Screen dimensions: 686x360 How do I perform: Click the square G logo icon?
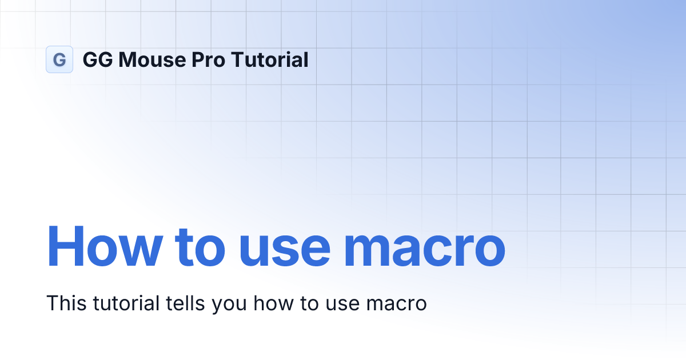59,59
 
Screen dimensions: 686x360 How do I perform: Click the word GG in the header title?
98,59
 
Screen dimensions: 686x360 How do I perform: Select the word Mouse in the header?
152,59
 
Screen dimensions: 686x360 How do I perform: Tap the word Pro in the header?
208,59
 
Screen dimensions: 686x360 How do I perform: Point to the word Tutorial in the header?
270,59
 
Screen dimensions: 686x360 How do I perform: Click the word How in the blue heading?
105,247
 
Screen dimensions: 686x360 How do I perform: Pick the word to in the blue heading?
200,248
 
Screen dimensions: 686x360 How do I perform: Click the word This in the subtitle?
66,303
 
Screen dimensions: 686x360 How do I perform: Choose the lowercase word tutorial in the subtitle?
126,303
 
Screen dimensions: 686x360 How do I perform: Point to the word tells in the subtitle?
185,303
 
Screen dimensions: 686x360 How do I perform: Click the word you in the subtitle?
229,306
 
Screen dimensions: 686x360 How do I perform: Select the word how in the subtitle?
273,303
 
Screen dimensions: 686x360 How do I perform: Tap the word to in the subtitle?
309,304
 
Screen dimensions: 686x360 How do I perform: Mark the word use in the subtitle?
342,305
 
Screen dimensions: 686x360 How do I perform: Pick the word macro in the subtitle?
397,305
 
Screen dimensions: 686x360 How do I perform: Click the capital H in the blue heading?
66,246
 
